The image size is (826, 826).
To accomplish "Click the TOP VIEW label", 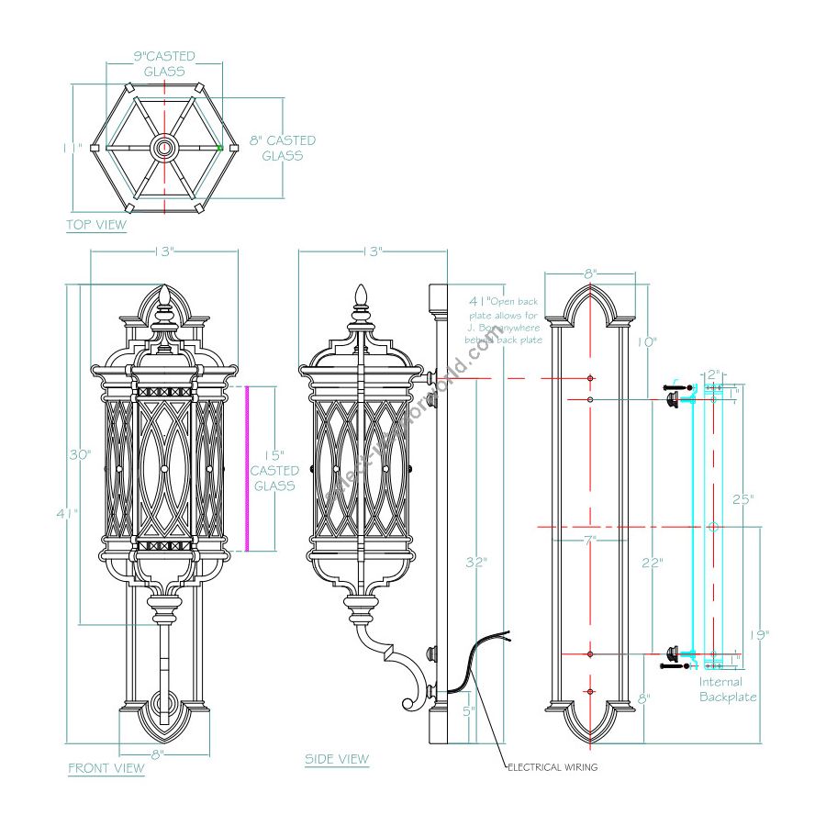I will (x=96, y=225).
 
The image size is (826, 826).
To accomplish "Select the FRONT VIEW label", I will (x=106, y=767).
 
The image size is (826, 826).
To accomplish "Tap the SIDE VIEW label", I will (x=337, y=759).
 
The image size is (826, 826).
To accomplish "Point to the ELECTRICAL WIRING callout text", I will (x=553, y=767).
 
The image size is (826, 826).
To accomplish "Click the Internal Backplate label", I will (x=728, y=689).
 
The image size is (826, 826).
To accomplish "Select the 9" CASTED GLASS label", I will (x=164, y=63).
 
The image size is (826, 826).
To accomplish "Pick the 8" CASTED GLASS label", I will (x=283, y=148).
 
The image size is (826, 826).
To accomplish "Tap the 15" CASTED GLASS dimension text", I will (x=273, y=470).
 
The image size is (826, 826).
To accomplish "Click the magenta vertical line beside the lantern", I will (x=246, y=468).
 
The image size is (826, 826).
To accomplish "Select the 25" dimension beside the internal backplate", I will (x=742, y=499).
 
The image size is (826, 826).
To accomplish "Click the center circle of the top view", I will (x=164, y=146).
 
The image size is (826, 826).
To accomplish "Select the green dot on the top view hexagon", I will (x=220, y=147).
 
